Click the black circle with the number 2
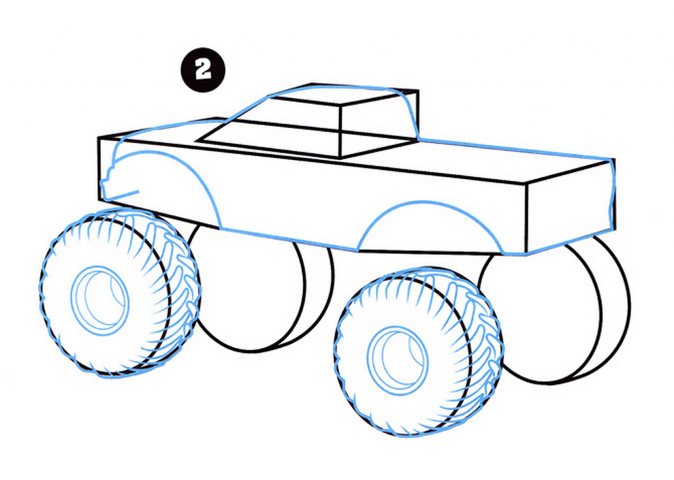click(x=203, y=70)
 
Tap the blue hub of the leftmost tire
click(x=100, y=299)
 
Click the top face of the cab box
click(x=342, y=95)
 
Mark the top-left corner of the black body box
click(x=99, y=138)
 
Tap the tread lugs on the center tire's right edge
click(x=490, y=336)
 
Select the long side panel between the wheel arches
click(x=290, y=198)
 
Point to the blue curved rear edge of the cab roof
click(x=409, y=112)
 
